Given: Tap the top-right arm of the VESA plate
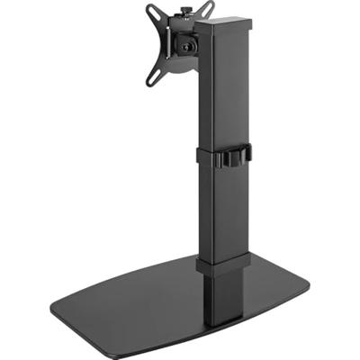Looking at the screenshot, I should (x=207, y=10).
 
